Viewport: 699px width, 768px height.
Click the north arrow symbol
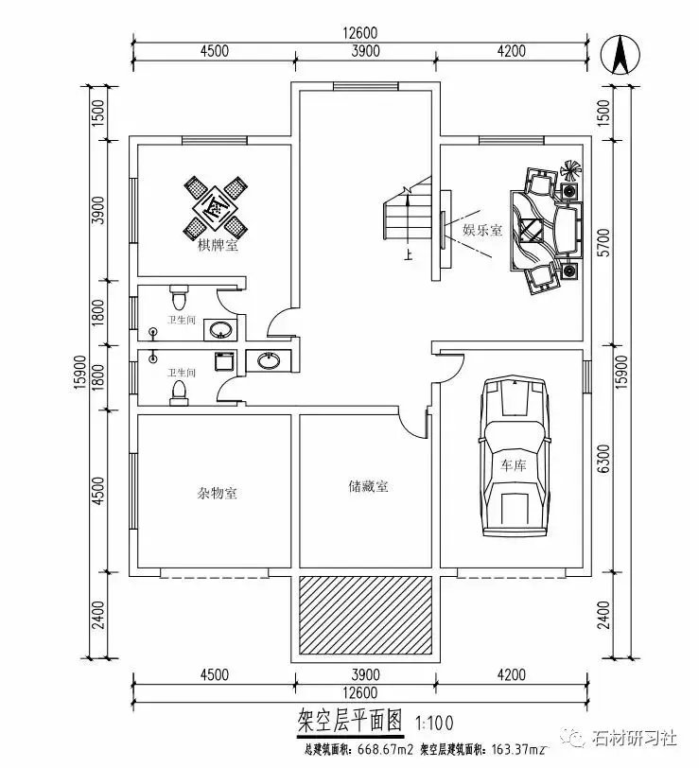[x=620, y=54]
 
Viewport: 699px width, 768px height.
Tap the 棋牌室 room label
[x=217, y=248]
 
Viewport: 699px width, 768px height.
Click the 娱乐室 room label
[x=481, y=230]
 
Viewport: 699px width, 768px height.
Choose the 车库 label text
[x=512, y=465]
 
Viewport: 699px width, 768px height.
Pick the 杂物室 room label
[x=217, y=493]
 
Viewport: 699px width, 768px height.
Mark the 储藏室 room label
[x=368, y=487]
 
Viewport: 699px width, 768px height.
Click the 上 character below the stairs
[x=408, y=253]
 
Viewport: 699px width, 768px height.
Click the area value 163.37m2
[x=512, y=753]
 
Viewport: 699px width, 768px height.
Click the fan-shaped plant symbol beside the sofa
[x=570, y=171]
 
